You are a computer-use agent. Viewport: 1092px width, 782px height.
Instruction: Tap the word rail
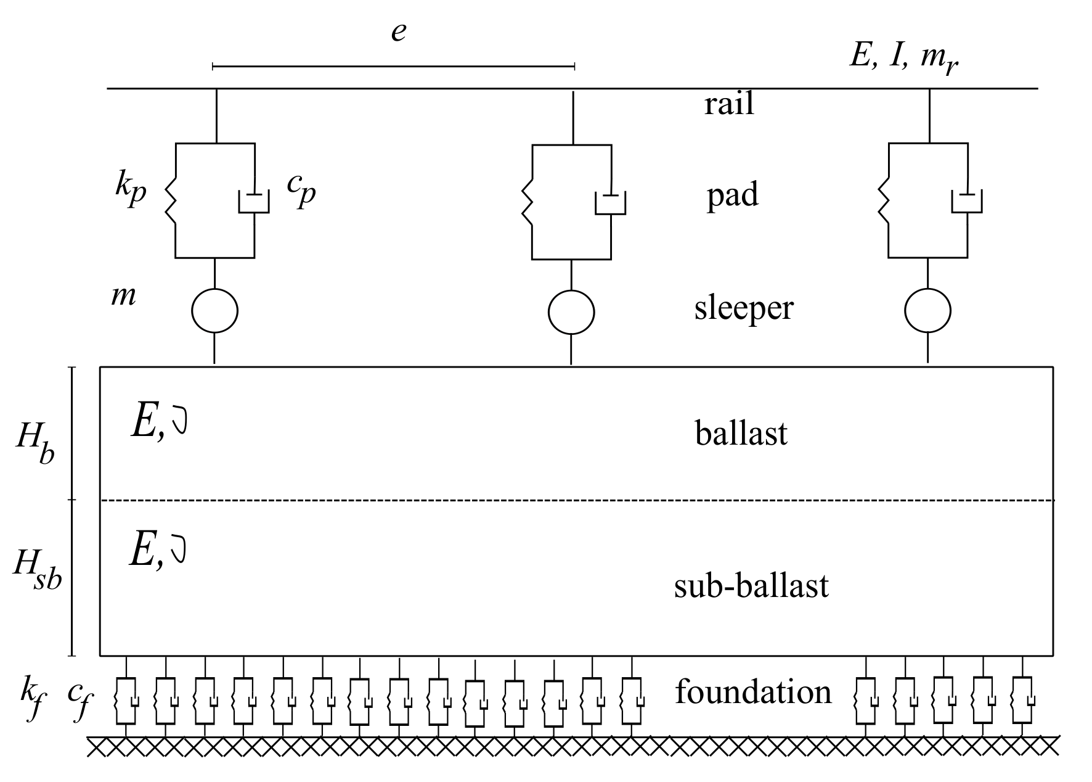(x=729, y=104)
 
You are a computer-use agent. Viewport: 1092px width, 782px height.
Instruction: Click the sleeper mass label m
(x=123, y=297)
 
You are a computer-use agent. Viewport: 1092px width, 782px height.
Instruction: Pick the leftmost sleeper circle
(x=214, y=310)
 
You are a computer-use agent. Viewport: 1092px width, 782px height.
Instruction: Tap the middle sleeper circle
(x=571, y=312)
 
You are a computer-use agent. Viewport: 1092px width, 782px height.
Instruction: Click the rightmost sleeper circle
(x=927, y=311)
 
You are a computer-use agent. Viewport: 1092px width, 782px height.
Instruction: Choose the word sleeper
(x=744, y=308)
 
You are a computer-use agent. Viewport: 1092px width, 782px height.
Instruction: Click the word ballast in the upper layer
(x=741, y=433)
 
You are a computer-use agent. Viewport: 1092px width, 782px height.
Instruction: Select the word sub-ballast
(x=751, y=586)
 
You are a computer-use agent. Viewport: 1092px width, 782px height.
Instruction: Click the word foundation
(x=753, y=692)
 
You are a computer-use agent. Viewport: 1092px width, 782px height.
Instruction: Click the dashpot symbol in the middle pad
(x=610, y=204)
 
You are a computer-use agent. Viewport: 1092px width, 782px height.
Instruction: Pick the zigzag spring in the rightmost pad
(x=884, y=200)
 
